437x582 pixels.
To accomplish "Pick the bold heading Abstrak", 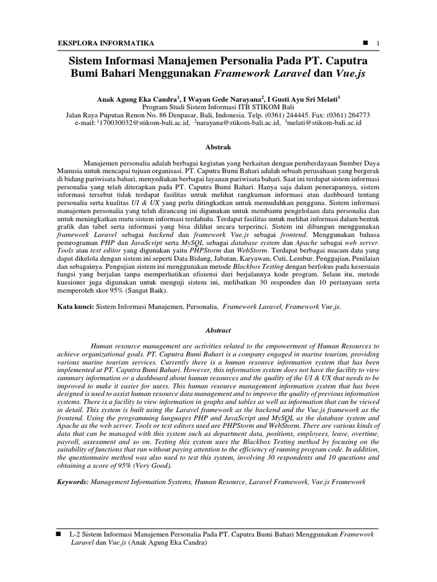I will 218,145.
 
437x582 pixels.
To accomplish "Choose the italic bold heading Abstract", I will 218,330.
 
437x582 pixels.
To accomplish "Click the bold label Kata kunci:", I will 76,306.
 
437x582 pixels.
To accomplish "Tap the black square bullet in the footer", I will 58,535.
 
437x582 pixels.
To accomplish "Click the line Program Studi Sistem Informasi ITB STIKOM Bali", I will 218,106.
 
